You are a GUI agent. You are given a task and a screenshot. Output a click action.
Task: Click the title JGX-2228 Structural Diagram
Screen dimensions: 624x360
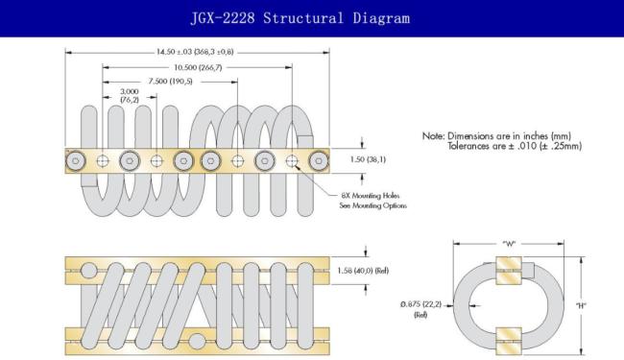300,18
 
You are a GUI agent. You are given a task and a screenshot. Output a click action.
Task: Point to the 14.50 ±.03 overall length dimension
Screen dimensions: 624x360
195,52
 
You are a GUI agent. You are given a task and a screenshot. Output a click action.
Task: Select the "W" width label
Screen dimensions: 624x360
509,244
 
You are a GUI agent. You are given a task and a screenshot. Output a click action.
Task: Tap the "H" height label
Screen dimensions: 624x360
581,305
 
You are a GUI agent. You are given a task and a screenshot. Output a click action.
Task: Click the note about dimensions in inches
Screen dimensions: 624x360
502,141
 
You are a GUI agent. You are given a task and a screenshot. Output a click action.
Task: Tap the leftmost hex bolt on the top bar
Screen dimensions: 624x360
75,161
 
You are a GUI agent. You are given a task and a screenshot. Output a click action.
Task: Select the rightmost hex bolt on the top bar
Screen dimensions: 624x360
319,161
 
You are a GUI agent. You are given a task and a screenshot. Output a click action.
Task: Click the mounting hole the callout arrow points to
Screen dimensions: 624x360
292,161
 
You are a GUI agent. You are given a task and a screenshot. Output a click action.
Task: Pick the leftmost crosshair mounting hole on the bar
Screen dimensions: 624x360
103,161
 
